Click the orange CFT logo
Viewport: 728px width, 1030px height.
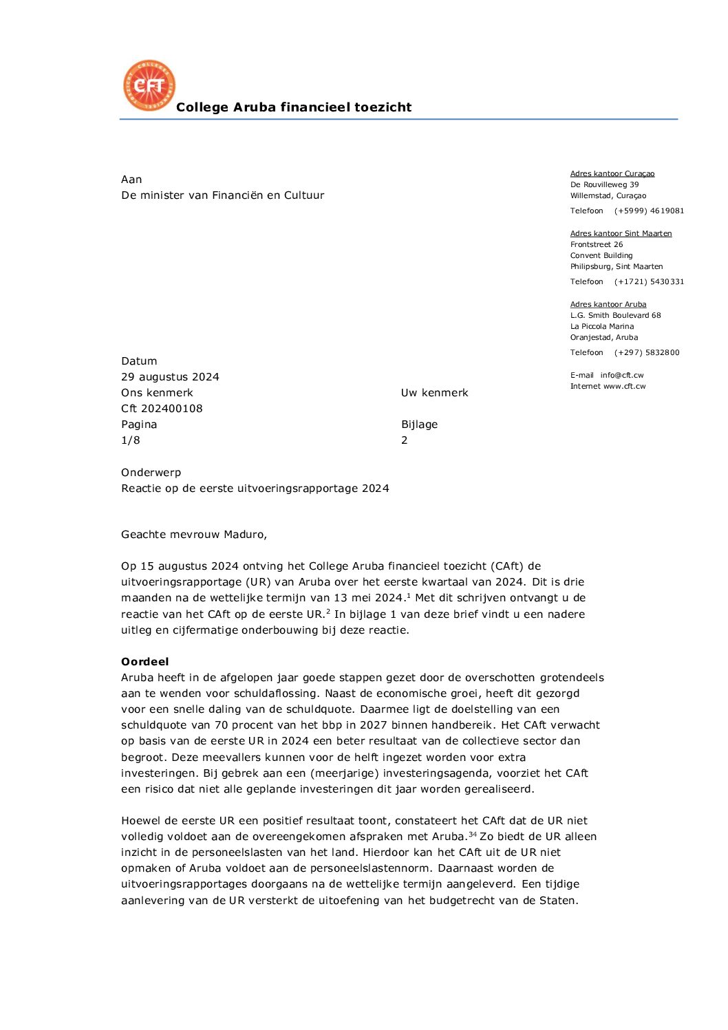(149, 85)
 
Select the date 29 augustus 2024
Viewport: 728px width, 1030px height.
(170, 377)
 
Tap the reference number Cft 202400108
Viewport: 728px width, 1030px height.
(162, 409)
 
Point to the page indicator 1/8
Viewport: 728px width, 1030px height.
(130, 440)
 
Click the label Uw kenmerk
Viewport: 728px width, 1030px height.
(434, 393)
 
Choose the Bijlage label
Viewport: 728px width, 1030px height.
(419, 425)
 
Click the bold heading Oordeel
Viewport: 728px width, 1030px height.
(144, 662)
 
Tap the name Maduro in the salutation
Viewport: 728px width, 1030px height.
(244, 535)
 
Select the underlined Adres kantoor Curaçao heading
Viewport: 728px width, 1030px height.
(612, 174)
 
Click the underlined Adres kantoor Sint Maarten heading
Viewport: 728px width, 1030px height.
(621, 234)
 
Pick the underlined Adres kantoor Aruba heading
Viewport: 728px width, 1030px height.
(608, 305)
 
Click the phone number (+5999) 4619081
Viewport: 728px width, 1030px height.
(649, 211)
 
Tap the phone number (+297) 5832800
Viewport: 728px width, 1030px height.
(646, 353)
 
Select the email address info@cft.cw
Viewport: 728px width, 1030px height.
(621, 376)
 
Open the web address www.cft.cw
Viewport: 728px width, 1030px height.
(624, 387)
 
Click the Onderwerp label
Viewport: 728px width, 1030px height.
(151, 473)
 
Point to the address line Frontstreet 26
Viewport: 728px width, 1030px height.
(596, 245)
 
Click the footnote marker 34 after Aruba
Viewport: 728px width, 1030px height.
(472, 834)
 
